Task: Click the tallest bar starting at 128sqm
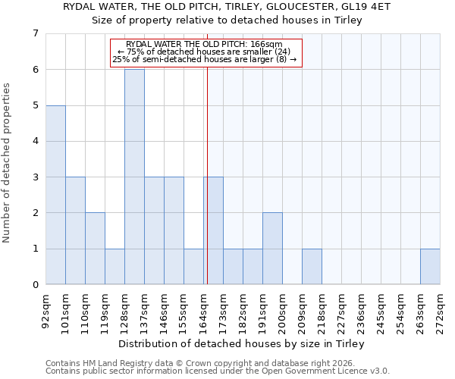(x=134, y=177)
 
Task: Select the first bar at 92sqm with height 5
(x=55, y=195)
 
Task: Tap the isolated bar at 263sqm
(x=430, y=267)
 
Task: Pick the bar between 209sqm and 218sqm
(x=312, y=267)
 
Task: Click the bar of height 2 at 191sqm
(x=272, y=249)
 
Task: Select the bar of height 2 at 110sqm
(x=95, y=249)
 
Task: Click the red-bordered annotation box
(x=206, y=53)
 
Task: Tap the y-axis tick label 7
(x=35, y=33)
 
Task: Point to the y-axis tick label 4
(x=35, y=141)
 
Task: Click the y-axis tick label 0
(x=35, y=285)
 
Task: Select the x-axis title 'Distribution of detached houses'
(x=243, y=344)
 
